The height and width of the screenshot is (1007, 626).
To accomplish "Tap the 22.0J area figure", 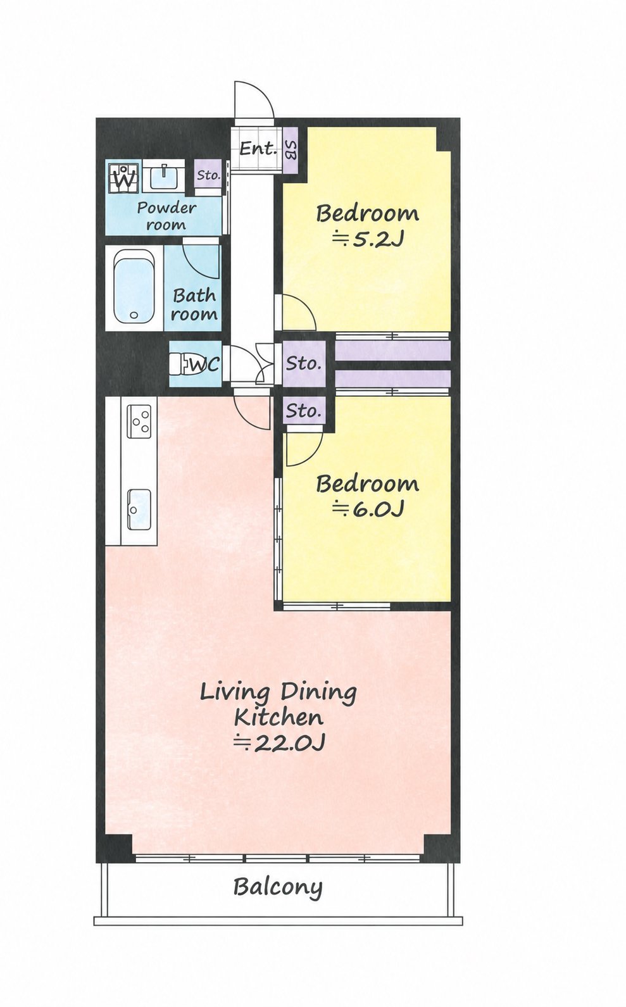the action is click(279, 743).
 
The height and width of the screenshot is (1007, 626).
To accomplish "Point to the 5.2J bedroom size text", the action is click(368, 239).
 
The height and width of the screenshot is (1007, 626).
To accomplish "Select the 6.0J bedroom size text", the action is click(368, 509).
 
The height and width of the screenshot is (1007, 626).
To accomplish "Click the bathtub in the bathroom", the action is click(134, 286).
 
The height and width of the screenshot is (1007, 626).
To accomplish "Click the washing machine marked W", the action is click(123, 178).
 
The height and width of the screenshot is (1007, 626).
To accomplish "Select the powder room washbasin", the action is click(163, 176).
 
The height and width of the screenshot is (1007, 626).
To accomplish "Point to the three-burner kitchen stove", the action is click(139, 422).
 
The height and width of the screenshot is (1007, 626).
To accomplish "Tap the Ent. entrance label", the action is click(258, 148).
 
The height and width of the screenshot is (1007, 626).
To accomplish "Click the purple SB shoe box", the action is click(291, 150).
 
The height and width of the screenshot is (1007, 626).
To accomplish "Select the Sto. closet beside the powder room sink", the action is click(208, 175).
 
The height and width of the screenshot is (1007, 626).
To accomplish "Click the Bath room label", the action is click(194, 305).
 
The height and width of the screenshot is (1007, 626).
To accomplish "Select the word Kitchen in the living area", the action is click(279, 718).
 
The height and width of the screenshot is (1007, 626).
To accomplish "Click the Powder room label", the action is click(166, 216).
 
